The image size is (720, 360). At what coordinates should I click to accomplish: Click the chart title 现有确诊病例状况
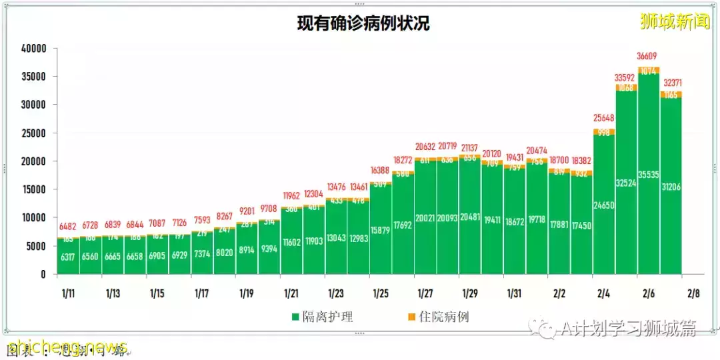coord(363,23)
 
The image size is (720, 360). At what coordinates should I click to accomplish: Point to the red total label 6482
coord(68,227)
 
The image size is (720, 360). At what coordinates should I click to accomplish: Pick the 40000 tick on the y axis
coord(33,49)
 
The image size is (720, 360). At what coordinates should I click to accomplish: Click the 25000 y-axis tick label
coord(33,133)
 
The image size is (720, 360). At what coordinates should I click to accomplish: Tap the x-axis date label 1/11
coord(69,293)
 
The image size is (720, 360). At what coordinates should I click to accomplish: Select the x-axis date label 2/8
coord(693,293)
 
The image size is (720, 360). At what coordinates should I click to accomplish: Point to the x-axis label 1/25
coord(380,293)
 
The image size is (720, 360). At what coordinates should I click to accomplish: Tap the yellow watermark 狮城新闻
coord(674,22)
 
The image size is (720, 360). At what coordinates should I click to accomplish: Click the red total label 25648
coord(603,119)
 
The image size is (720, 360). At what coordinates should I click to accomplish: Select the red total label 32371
coord(671,83)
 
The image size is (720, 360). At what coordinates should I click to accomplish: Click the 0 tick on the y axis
coord(43,274)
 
